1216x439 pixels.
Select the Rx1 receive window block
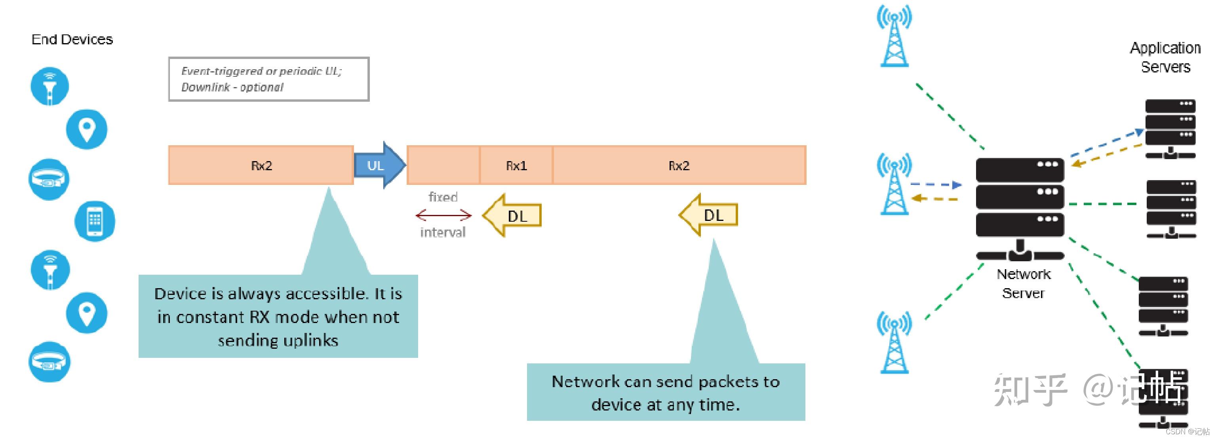pos(516,165)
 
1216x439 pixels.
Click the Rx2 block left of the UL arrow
pos(261,165)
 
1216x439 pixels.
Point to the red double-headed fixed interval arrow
pos(443,215)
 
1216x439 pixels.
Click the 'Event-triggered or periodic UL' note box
pos(268,79)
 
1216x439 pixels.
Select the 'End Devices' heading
pos(72,39)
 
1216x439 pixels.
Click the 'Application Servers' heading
pos(1165,57)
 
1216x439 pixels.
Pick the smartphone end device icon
pos(95,221)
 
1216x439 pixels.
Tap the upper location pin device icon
pos(86,129)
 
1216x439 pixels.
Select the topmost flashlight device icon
pos(49,86)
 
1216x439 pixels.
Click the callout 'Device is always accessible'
pos(278,316)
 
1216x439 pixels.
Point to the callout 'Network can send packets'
pos(666,392)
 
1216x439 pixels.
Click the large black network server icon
pos(1020,208)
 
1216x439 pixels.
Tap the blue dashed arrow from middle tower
pos(936,184)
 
